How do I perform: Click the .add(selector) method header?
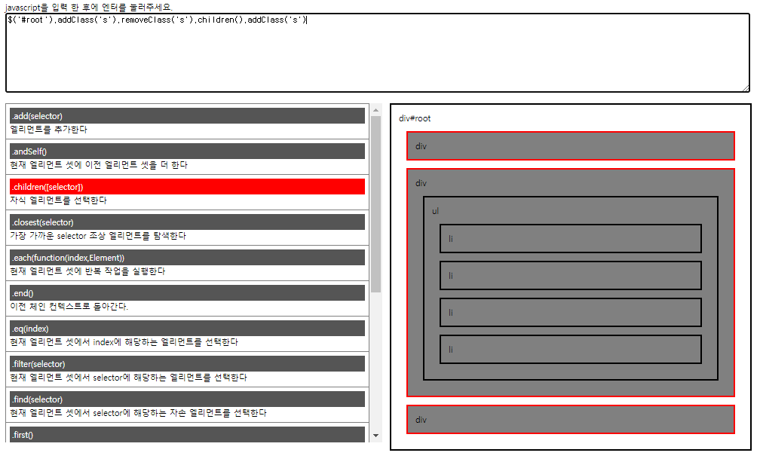coord(187,115)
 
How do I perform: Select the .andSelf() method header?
coord(187,151)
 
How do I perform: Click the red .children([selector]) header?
coord(187,186)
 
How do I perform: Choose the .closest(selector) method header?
coord(187,222)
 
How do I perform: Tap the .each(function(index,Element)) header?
coord(187,257)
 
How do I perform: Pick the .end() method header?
coord(187,292)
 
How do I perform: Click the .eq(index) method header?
coord(187,328)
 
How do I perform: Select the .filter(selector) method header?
coord(187,363)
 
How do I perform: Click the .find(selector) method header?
coord(187,399)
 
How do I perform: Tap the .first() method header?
coord(187,434)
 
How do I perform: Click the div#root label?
coord(415,118)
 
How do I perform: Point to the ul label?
coord(435,211)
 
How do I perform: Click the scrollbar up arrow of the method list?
coord(376,110)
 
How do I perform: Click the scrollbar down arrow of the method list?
coord(376,436)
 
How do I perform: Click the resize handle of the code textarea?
coord(746,87)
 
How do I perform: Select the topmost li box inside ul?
coord(571,238)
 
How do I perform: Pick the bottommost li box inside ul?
coord(571,349)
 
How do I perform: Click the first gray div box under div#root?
coord(570,146)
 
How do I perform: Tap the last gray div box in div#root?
coord(570,420)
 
